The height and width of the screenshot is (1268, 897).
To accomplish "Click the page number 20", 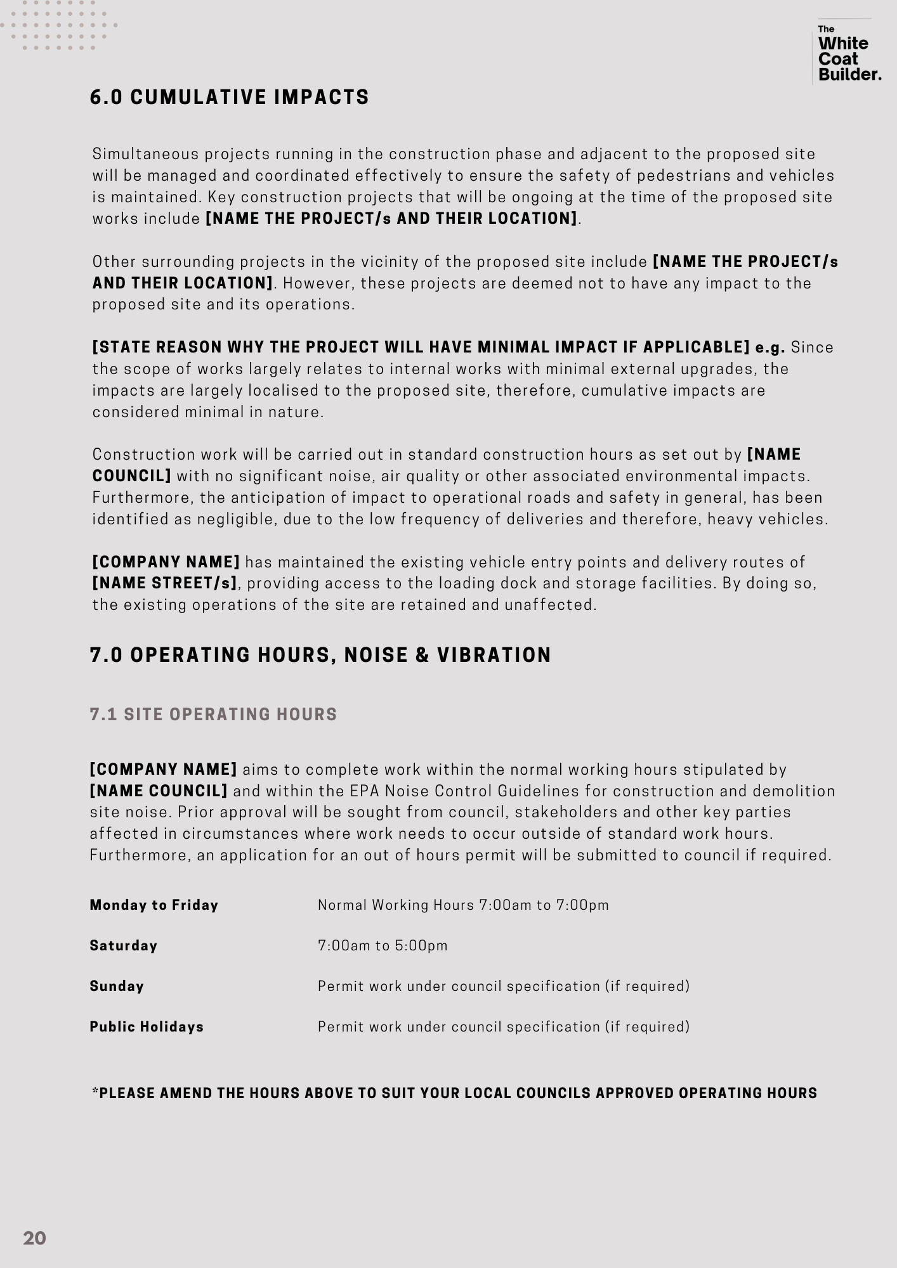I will pyautogui.click(x=34, y=1238).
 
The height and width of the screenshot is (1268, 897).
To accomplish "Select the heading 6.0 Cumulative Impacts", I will pyautogui.click(x=229, y=98).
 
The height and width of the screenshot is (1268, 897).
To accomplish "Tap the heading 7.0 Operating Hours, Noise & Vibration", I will pyautogui.click(x=320, y=655).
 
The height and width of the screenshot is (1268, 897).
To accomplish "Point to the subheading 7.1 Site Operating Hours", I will pyautogui.click(x=213, y=715).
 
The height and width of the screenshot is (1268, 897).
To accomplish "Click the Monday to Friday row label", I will pyautogui.click(x=154, y=905).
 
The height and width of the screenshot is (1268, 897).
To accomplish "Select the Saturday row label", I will pyautogui.click(x=124, y=945).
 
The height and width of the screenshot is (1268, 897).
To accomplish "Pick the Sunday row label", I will pyautogui.click(x=117, y=986).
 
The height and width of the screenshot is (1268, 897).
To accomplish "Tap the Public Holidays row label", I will pyautogui.click(x=147, y=1026).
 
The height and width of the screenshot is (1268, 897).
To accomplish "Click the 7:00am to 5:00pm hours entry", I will pyautogui.click(x=383, y=945).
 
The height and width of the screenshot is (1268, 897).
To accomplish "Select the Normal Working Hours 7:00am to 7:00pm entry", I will pyautogui.click(x=463, y=905).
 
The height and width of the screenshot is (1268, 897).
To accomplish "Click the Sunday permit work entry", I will pyautogui.click(x=503, y=986).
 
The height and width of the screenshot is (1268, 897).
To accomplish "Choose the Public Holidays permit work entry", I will pyautogui.click(x=503, y=1026).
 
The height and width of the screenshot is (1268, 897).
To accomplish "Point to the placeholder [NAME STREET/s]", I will pyautogui.click(x=165, y=583).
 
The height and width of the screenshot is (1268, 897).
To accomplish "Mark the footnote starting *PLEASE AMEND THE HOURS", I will pyautogui.click(x=454, y=1093).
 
